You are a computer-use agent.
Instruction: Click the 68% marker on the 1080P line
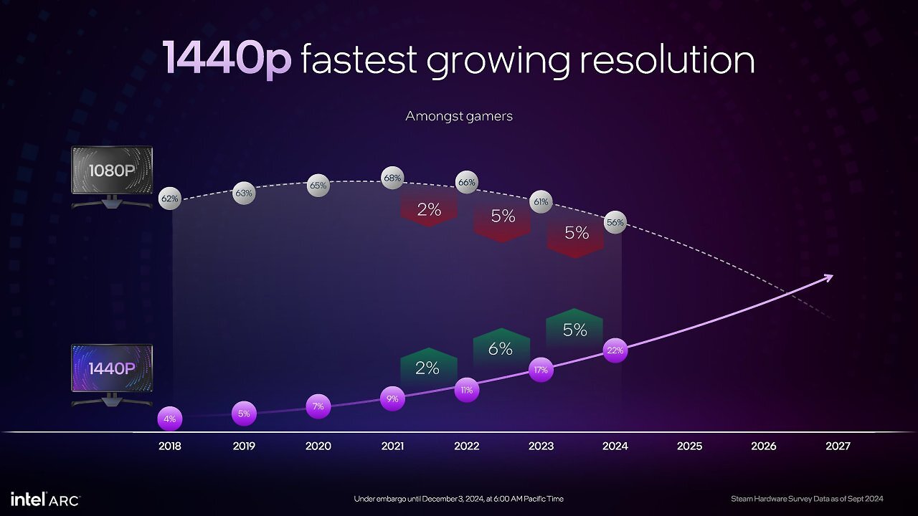pyautogui.click(x=392, y=178)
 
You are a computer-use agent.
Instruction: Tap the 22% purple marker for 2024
pyautogui.click(x=615, y=350)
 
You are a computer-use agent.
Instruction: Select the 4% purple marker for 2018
pyautogui.click(x=170, y=419)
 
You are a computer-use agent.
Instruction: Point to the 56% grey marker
pyautogui.click(x=615, y=222)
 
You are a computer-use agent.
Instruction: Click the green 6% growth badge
pyautogui.click(x=501, y=348)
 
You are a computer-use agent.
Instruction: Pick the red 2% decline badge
pyautogui.click(x=429, y=209)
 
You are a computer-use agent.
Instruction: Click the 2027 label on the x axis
pyautogui.click(x=838, y=446)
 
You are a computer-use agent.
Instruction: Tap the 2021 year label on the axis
pyautogui.click(x=392, y=446)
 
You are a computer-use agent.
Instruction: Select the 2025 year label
pyautogui.click(x=689, y=446)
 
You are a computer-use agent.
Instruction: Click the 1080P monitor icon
pyautogui.click(x=112, y=177)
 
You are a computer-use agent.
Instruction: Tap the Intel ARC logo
pyautogui.click(x=45, y=500)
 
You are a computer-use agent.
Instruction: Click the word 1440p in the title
pyautogui.click(x=227, y=59)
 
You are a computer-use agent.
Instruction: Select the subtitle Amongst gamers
pyautogui.click(x=459, y=116)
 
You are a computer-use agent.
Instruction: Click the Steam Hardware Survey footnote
pyautogui.click(x=807, y=499)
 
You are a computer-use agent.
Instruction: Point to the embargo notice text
pyautogui.click(x=458, y=499)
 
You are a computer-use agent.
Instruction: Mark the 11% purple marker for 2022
pyautogui.click(x=467, y=391)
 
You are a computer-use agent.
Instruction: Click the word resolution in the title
pyautogui.click(x=667, y=60)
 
